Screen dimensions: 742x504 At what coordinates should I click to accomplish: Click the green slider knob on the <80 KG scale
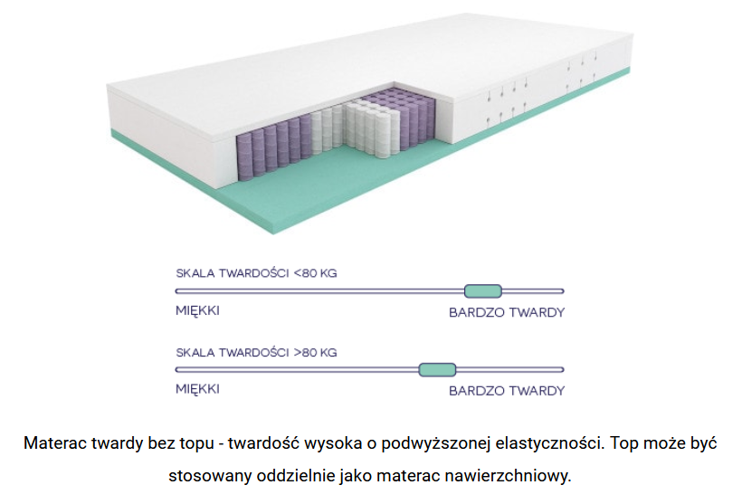[482, 291]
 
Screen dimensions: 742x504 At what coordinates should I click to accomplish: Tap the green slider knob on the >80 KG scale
[437, 369]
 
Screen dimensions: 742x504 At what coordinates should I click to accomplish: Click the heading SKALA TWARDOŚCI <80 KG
[256, 273]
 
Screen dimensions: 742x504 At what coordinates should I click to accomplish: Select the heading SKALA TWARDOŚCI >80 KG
[256, 353]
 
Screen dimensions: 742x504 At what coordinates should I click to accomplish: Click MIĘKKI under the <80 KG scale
[197, 311]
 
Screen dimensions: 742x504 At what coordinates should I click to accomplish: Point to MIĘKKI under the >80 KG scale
[197, 389]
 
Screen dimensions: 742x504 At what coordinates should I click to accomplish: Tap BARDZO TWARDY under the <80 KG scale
[507, 312]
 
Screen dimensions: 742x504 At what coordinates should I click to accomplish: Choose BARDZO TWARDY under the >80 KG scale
[507, 391]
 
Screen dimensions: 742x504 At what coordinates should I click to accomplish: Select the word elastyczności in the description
[549, 444]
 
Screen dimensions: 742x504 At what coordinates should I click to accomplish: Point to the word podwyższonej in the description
[435, 444]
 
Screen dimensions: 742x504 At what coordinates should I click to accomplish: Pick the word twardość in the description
[263, 443]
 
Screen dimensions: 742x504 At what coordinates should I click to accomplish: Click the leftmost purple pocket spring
[244, 157]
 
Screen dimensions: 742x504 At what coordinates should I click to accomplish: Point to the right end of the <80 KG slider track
[563, 291]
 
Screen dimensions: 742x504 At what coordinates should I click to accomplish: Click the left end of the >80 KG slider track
[177, 369]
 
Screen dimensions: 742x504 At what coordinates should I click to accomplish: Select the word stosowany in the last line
[210, 476]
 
